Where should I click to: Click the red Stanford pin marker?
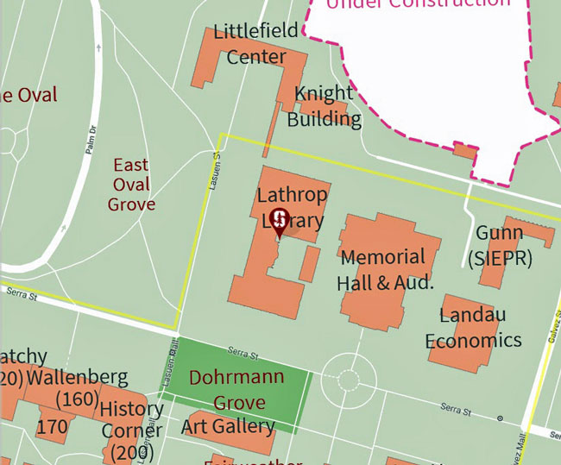point(279,219)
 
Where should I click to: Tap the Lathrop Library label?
point(290,208)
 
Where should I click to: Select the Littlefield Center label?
point(255,44)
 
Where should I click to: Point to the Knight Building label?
point(324,105)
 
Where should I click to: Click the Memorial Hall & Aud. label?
point(382,269)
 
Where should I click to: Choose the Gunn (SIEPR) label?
point(500,245)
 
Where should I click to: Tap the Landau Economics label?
point(473,327)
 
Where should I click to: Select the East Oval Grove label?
point(131,185)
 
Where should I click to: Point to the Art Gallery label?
point(228,426)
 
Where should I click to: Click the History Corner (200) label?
point(131,430)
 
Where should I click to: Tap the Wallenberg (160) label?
point(78,388)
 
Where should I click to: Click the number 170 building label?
point(52,426)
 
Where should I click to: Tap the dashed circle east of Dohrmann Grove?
point(348,380)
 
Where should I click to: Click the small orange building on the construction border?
point(464,152)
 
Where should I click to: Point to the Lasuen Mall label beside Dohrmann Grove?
point(171,355)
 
